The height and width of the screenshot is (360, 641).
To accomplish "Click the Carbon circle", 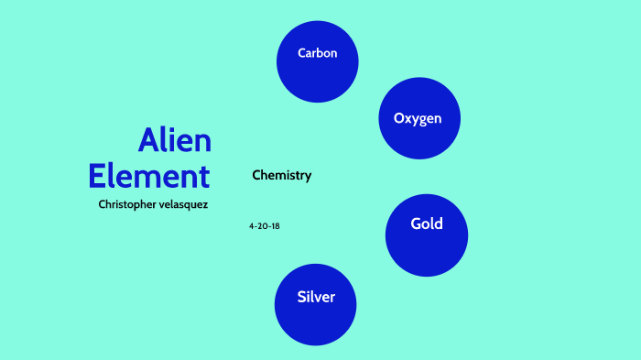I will [x=317, y=61].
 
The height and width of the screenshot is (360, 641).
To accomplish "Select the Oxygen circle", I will [x=418, y=118].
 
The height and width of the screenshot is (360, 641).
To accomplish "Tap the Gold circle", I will [x=427, y=235].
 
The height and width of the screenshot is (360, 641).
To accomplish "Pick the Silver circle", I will [x=316, y=305].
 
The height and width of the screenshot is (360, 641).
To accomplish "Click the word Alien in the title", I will [x=175, y=141].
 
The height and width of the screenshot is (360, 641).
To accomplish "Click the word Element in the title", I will [x=149, y=175].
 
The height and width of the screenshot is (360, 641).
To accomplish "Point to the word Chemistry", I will [x=282, y=175].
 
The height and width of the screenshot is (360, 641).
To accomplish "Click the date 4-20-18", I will [x=264, y=225].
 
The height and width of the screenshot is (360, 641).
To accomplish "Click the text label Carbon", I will [x=318, y=53].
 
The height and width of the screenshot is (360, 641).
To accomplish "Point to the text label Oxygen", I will [x=418, y=118].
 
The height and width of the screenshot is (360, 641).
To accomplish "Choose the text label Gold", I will [x=427, y=224].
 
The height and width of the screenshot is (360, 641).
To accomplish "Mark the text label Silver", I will [x=316, y=297].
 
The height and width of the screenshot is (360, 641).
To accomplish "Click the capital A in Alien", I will [x=150, y=141].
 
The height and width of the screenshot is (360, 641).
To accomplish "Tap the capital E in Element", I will [x=99, y=175].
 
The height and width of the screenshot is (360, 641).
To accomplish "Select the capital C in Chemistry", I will [x=256, y=175].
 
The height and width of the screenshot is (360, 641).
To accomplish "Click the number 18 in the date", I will [x=275, y=225].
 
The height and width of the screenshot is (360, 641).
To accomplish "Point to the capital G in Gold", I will [x=416, y=224].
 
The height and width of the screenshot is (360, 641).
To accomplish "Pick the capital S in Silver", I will [x=301, y=297].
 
